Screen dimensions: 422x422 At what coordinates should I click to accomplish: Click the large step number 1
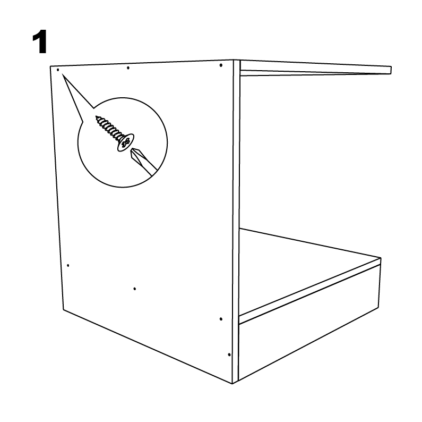coord(40,42)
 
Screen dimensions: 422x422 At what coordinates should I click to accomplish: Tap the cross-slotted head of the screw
coord(126,142)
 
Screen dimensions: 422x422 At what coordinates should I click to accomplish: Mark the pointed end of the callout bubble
coord(63,74)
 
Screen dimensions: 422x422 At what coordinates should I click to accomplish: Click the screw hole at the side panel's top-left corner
coord(58,70)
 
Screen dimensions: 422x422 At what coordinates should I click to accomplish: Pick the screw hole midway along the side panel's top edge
coord(128,68)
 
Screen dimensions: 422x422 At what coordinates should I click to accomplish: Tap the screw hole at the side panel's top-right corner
coord(221,65)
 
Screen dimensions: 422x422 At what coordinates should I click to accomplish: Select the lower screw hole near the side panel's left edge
coord(68,265)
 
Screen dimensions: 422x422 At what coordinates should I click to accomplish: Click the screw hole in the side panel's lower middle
coord(135,289)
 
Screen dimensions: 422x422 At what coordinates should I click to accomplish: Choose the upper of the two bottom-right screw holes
coord(221,319)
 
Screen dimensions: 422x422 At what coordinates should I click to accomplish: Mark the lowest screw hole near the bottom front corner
coord(229,355)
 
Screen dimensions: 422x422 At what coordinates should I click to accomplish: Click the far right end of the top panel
coord(391,70)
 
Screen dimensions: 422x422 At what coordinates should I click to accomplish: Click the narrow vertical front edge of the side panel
coord(236,221)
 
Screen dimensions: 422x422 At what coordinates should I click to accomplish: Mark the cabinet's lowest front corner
coord(232,384)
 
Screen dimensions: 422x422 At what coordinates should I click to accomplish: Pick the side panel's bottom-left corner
coord(64,309)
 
